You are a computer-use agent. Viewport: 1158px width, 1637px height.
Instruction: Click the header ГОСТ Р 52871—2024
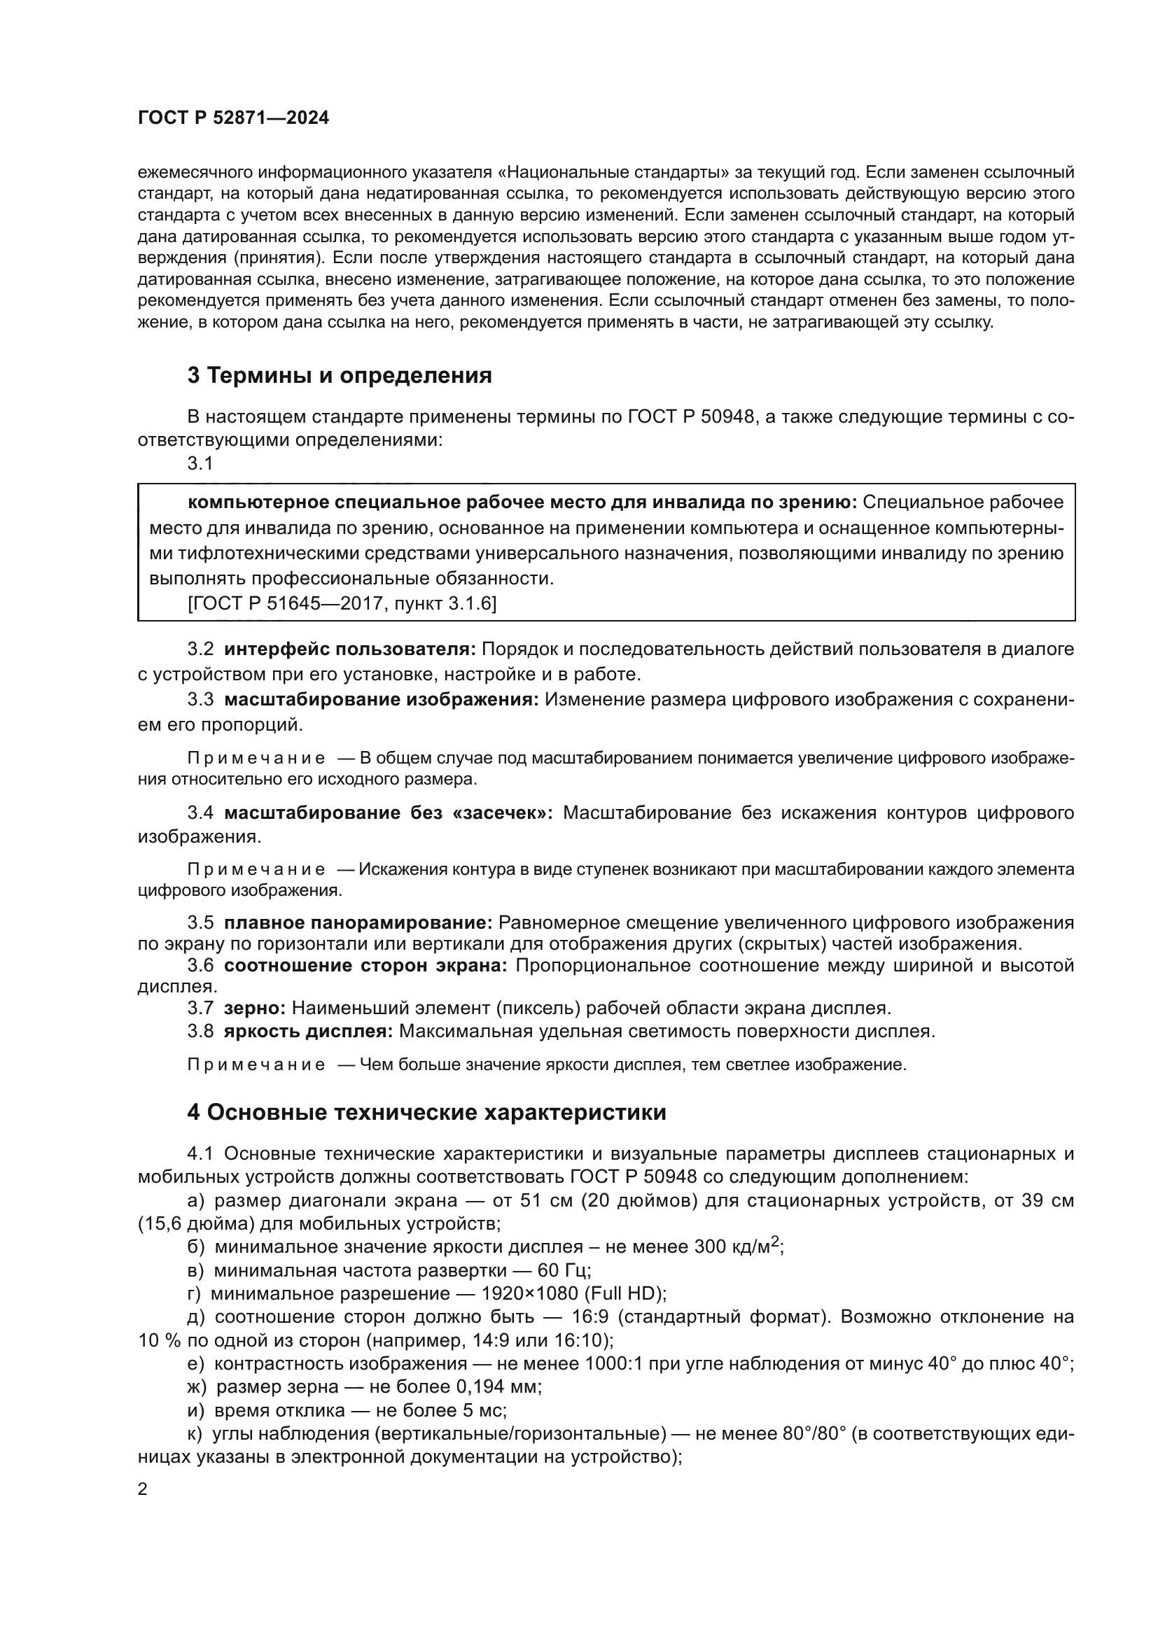[x=233, y=118]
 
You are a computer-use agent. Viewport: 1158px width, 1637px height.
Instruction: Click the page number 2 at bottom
[x=143, y=1489]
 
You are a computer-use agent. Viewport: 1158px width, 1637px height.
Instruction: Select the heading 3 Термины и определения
[x=340, y=376]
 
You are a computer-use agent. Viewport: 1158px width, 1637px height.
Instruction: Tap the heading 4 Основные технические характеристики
[x=426, y=1112]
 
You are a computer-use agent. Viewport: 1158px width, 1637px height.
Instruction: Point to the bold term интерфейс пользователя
[x=350, y=649]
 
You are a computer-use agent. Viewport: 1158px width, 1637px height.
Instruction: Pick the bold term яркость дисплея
[x=308, y=1031]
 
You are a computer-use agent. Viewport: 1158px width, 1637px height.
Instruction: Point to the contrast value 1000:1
[x=613, y=1363]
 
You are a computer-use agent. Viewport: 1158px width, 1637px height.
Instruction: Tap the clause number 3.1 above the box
[x=200, y=463]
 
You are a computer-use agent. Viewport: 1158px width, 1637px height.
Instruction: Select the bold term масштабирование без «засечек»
[x=389, y=813]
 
